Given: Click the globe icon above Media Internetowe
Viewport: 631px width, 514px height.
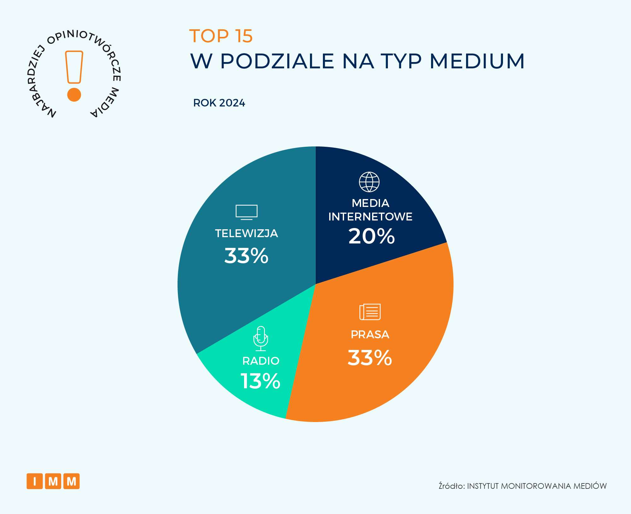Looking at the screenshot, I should pos(369,182).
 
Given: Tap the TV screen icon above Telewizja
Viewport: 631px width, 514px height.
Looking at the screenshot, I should pos(247,211).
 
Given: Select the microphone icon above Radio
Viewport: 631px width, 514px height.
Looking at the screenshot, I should pos(261,338).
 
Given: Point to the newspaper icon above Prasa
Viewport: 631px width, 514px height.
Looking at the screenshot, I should pos(370,312).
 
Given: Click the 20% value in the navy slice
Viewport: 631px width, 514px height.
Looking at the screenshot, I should pos(371,236).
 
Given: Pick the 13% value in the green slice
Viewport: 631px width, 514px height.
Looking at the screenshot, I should pos(260,381).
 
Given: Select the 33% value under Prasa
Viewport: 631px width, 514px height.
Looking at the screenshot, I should pos(370,358).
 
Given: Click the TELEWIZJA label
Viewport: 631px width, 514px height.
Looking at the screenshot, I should pos(246,233).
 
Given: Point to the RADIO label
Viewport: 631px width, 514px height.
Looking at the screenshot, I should pos(261,361).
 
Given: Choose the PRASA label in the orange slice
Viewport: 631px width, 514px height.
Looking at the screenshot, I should pos(370,334).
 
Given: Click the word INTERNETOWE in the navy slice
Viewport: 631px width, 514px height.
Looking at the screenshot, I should pos(370,217).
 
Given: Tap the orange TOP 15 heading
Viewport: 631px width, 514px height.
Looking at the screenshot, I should pos(221,36).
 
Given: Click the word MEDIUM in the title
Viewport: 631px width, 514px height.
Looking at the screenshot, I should pos(477,61).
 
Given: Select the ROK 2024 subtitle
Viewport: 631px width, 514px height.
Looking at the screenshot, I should pos(219,103).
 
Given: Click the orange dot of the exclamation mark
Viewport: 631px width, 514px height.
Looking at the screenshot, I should pos(74,94).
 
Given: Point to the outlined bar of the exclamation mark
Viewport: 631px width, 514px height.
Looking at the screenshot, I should pos(74,67).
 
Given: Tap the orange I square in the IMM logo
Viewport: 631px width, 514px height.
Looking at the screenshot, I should pos(35,481).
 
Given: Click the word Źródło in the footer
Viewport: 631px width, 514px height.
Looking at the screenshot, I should pos(451,486).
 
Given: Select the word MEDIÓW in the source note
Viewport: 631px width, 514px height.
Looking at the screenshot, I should pos(590,486).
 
